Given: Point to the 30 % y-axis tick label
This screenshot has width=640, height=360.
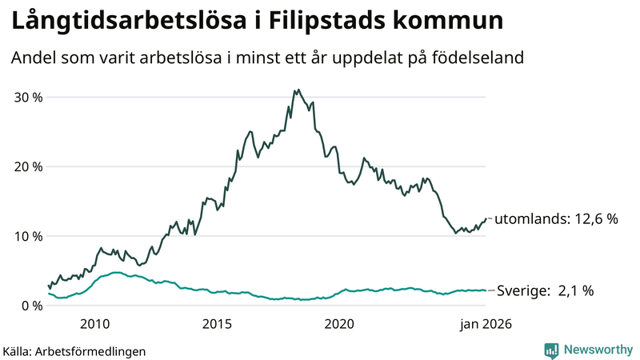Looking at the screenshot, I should pyautogui.click(x=27, y=97).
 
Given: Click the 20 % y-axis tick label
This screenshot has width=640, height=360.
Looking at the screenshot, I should pyautogui.click(x=27, y=166).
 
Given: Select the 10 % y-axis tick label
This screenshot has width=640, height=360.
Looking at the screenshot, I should pyautogui.click(x=27, y=236).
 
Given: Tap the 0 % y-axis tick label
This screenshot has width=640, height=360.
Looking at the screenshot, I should pyautogui.click(x=31, y=306).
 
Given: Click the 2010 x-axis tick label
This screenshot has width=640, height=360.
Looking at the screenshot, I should pyautogui.click(x=95, y=324).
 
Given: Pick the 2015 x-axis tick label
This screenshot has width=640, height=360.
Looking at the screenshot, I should pyautogui.click(x=217, y=324).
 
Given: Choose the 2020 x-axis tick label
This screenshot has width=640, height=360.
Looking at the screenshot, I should pyautogui.click(x=339, y=324).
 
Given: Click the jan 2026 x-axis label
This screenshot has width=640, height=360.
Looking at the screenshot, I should pyautogui.click(x=485, y=324).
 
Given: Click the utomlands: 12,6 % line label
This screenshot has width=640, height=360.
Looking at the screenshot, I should pyautogui.click(x=556, y=218).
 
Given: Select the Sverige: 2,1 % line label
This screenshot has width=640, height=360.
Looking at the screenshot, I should pyautogui.click(x=545, y=291).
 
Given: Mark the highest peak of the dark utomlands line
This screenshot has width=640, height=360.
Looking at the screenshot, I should pyautogui.click(x=298, y=90).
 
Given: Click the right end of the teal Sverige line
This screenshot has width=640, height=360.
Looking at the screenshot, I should pyautogui.click(x=486, y=290).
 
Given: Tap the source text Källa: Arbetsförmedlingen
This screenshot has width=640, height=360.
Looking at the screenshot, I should pyautogui.click(x=74, y=350).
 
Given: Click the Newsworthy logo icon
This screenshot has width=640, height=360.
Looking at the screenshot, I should pyautogui.click(x=551, y=350).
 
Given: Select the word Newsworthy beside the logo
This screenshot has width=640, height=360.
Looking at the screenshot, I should pyautogui.click(x=597, y=350).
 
